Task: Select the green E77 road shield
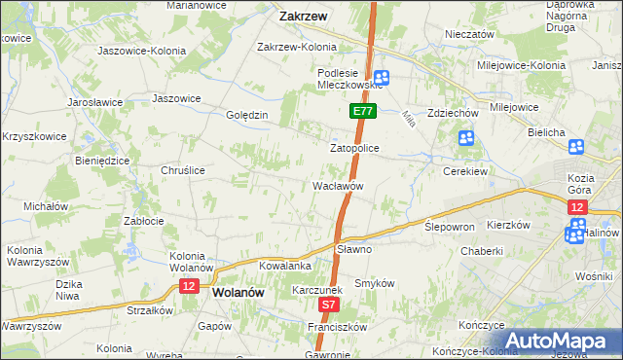pyautogui.click(x=362, y=113)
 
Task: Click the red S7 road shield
pyautogui.click(x=329, y=305)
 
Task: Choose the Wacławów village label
pyautogui.click(x=338, y=185)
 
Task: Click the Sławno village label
pyautogui.click(x=353, y=249)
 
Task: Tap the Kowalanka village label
pyautogui.click(x=285, y=265)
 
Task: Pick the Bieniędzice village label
pyautogui.click(x=102, y=161)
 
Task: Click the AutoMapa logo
pyautogui.click(x=560, y=341)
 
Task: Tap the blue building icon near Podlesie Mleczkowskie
pyautogui.click(x=383, y=79)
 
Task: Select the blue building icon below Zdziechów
pyautogui.click(x=466, y=138)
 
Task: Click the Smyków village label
pyautogui.click(x=374, y=283)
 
